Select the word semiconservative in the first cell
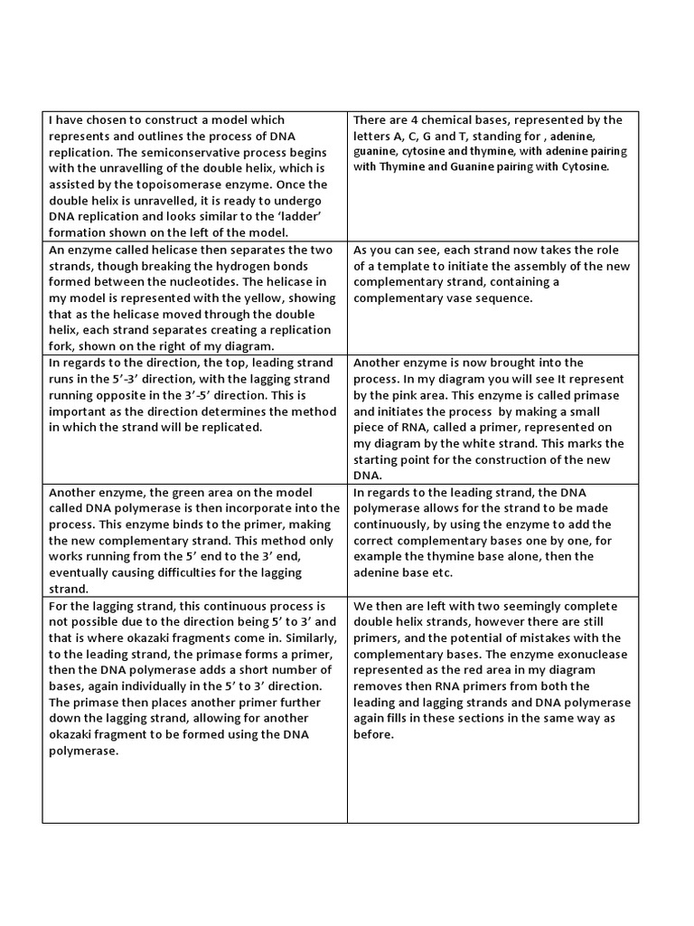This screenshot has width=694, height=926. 202,152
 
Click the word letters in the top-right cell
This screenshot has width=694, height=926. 373,136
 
